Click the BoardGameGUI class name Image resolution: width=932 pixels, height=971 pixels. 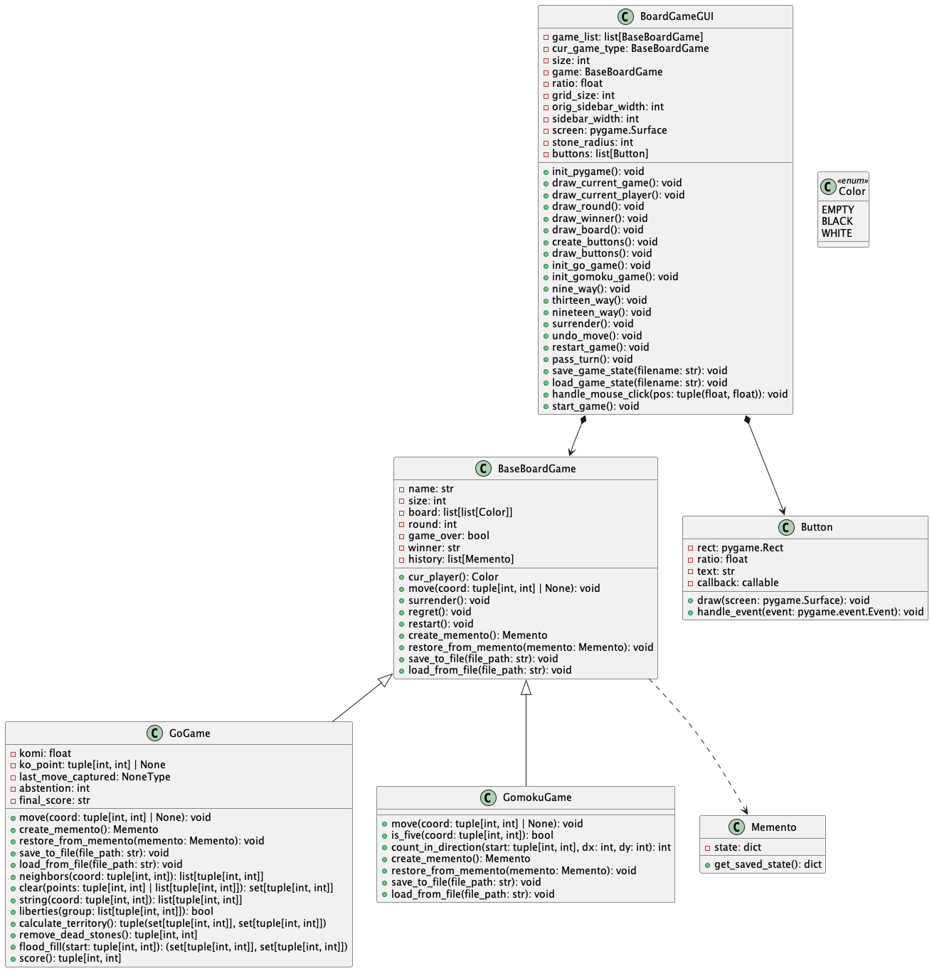pyautogui.click(x=672, y=17)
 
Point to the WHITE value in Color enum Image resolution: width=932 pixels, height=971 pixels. pyautogui.click(x=837, y=233)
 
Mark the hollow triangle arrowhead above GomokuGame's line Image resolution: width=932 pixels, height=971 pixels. pyautogui.click(x=526, y=687)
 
